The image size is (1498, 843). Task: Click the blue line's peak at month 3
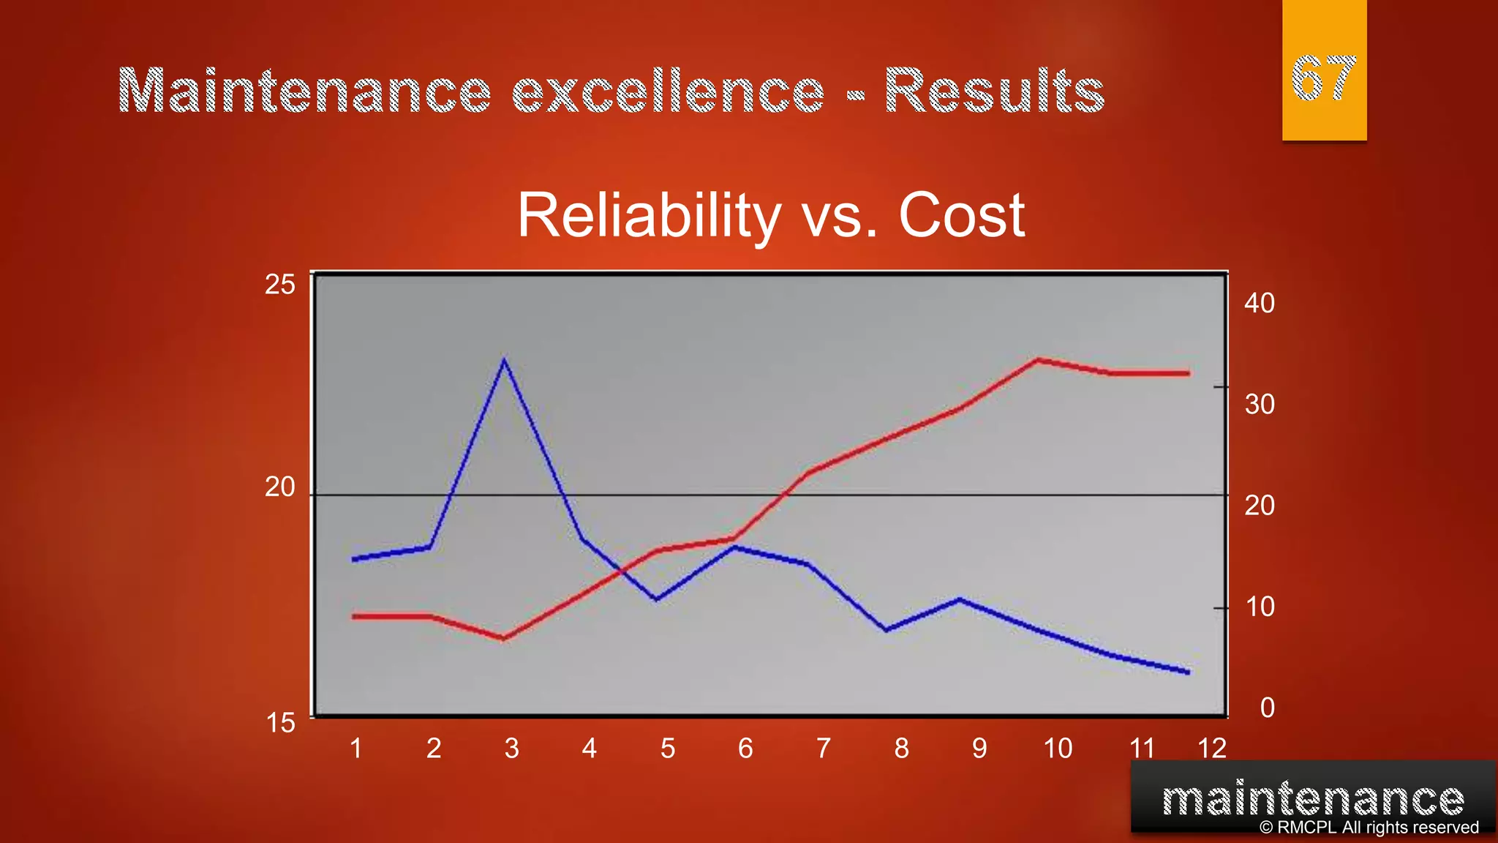(505, 360)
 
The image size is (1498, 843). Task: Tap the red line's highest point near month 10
(1037, 360)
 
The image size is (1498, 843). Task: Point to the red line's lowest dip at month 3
(505, 638)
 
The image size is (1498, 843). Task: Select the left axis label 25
(280, 285)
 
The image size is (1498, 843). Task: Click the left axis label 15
(280, 723)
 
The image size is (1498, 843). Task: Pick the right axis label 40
(1260, 303)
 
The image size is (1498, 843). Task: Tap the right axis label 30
(1260, 404)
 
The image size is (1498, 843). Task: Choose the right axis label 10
(1260, 607)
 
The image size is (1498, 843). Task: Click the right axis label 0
(1267, 708)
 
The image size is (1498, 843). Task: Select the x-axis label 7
(824, 748)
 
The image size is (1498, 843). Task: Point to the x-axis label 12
(1211, 748)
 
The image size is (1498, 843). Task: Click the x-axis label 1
(356, 748)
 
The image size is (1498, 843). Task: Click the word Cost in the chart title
(961, 216)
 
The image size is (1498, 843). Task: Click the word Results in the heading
(994, 91)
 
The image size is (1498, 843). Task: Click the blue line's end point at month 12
(1188, 672)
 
